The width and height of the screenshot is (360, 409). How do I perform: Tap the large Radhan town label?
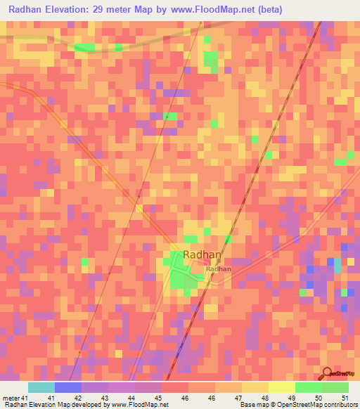coord(202,255)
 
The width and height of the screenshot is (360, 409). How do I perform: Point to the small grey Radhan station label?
coord(219,268)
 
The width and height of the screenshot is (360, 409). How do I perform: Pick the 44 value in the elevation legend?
coord(132,398)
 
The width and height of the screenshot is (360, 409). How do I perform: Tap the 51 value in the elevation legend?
coord(344,398)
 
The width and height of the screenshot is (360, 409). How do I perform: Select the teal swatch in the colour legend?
coord(41,387)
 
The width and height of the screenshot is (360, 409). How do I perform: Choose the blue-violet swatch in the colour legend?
coord(67,387)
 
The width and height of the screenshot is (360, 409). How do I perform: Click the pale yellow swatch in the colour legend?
coord(281,387)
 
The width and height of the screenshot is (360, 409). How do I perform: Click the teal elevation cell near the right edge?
coord(337,266)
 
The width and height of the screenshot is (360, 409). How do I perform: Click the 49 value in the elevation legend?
coord(291,398)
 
